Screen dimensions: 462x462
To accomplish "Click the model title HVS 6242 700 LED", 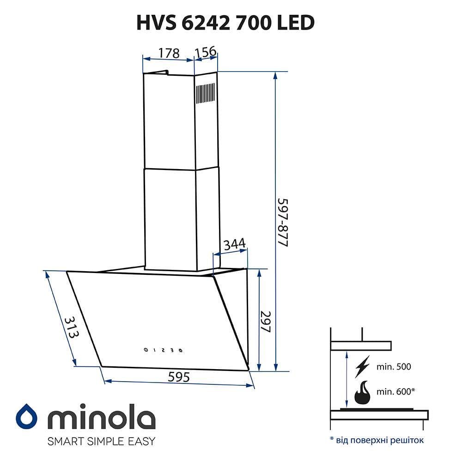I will click(x=226, y=23).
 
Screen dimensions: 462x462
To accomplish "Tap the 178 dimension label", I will click(x=169, y=53).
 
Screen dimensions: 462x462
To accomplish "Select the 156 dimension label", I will click(x=205, y=52).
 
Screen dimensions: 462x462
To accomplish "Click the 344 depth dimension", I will click(x=234, y=245).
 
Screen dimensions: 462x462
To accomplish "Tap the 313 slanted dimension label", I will click(x=69, y=328).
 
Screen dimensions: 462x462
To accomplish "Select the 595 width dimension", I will click(x=179, y=377).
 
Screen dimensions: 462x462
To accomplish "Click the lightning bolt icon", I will click(x=363, y=367).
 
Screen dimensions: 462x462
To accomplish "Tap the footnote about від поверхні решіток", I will click(x=377, y=439).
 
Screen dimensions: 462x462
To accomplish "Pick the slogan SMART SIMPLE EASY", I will click(x=102, y=441).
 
